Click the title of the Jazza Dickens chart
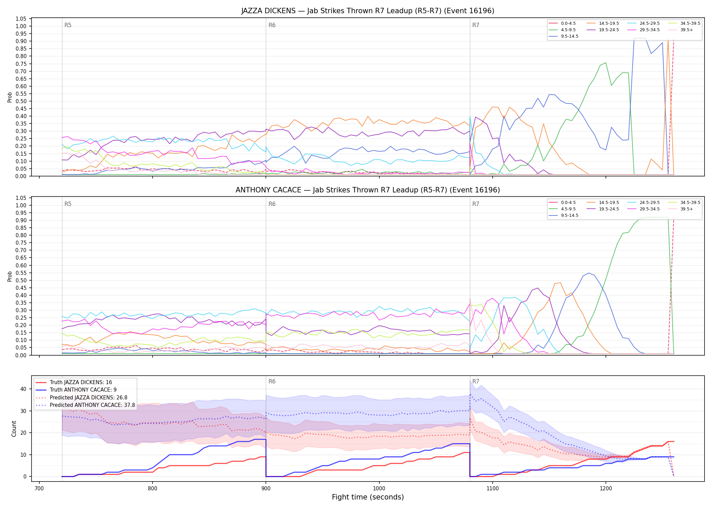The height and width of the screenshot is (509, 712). pyautogui.click(x=368, y=11)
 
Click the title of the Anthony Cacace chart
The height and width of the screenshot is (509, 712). pyautogui.click(x=368, y=190)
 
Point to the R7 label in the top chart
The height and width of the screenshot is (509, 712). pyautogui.click(x=476, y=25)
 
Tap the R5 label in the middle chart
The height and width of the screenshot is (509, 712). pyautogui.click(x=68, y=204)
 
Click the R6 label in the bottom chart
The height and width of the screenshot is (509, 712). pyautogui.click(x=272, y=381)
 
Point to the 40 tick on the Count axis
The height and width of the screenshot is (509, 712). pyautogui.click(x=23, y=389)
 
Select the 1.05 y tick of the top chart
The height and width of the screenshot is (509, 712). pyautogui.click(x=21, y=19)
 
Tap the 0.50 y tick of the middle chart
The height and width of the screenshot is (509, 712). pyautogui.click(x=21, y=280)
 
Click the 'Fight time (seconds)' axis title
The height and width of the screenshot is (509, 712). pyautogui.click(x=368, y=497)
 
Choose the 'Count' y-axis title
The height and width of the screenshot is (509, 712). pyautogui.click(x=14, y=429)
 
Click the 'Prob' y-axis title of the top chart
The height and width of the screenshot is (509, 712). pyautogui.click(x=10, y=97)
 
